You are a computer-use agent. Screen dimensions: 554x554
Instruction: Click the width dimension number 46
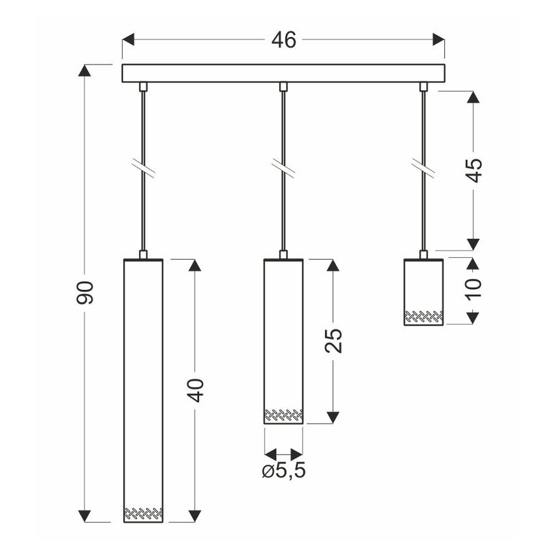click(283, 40)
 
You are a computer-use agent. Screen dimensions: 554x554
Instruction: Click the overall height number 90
click(86, 292)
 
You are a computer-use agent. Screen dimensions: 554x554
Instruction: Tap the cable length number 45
click(474, 169)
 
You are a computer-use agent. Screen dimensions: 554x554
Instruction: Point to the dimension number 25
click(334, 340)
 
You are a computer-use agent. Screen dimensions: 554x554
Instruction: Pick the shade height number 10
click(474, 290)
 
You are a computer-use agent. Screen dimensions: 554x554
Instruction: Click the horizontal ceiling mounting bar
click(283, 73)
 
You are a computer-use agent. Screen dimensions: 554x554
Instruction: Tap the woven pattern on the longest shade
click(142, 513)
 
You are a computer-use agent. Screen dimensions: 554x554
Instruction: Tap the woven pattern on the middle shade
click(283, 414)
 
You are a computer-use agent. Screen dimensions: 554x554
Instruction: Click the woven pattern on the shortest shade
click(423, 315)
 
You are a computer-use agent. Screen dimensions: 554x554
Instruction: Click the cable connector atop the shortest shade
click(423, 254)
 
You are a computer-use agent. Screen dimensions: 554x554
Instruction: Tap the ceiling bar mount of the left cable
click(143, 86)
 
